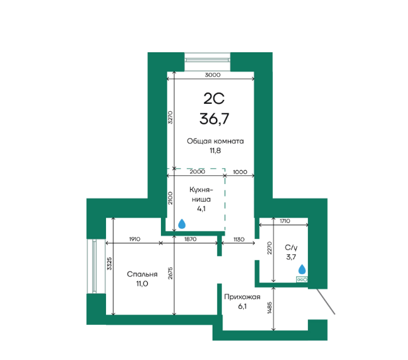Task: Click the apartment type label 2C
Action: coord(214,99)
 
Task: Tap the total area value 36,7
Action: coord(214,119)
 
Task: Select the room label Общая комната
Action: coord(215,141)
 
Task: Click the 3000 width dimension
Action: coord(213,75)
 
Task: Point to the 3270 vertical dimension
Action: coord(170,117)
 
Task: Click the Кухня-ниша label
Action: coord(201,195)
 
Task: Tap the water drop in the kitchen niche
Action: coord(181,224)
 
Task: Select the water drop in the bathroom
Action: coord(302,269)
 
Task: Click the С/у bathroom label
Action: coord(291,247)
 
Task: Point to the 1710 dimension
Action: coord(285,221)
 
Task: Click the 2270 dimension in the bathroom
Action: coord(270,248)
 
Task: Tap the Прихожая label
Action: coord(242,297)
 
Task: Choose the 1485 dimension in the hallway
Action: coord(270,308)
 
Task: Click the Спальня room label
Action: coord(142,274)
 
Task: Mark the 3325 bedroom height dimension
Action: coord(109,263)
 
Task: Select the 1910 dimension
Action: coord(134,239)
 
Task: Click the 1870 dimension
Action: coord(190,239)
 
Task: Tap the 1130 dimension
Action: coord(238,239)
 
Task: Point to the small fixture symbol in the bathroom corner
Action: coord(302,280)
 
